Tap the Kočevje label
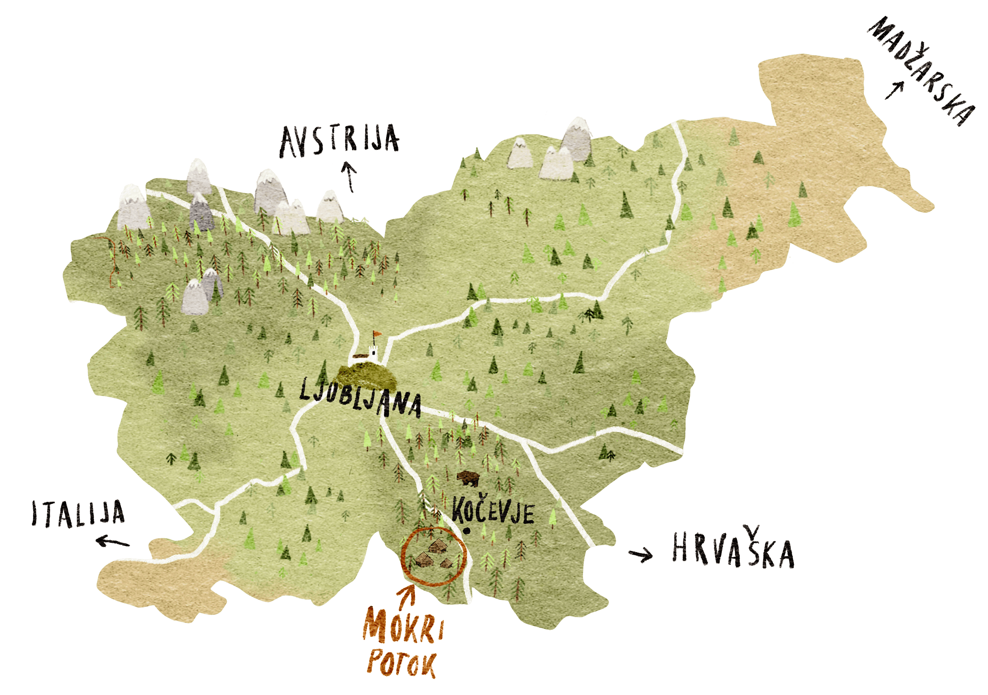[x=493, y=511]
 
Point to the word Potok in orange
[x=401, y=668]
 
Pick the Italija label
[x=78, y=513]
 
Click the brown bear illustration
[x=468, y=478]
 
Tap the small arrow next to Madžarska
[x=894, y=91]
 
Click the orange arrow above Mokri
[x=406, y=596]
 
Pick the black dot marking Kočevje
[x=467, y=531]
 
